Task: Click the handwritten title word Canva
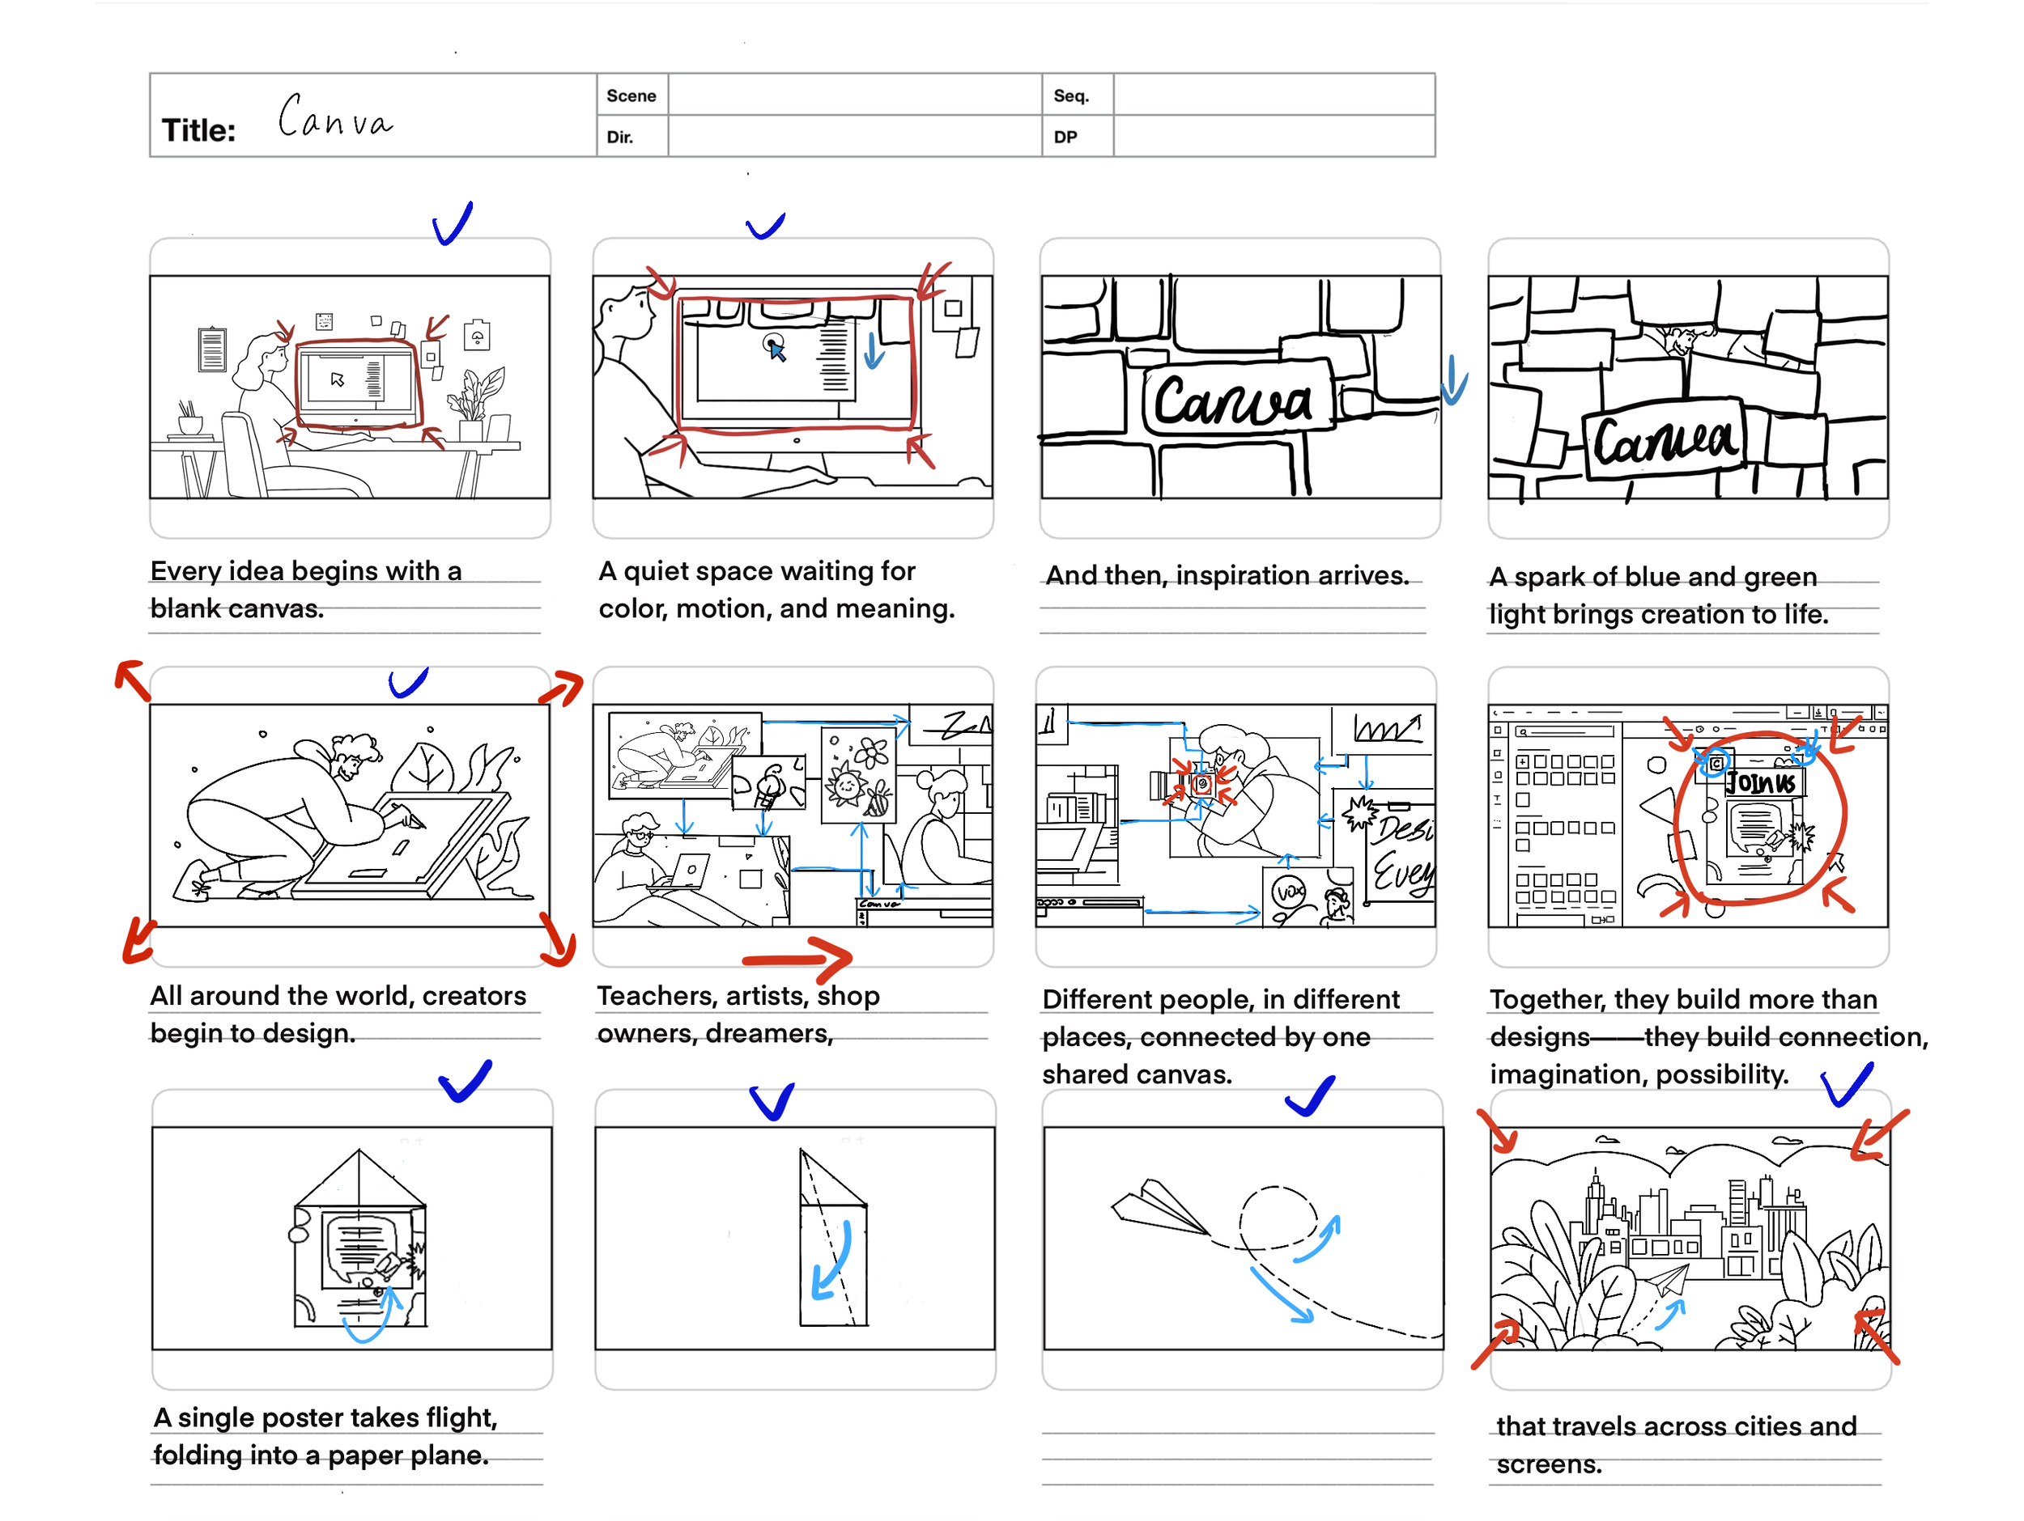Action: [x=336, y=117]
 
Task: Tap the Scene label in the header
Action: [x=631, y=96]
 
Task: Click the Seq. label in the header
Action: [x=1069, y=96]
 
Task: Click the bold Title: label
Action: [x=198, y=131]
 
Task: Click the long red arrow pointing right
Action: [x=796, y=959]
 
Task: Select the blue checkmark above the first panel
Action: [x=452, y=223]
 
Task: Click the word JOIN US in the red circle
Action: [x=1761, y=782]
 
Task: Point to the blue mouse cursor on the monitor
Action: [x=776, y=350]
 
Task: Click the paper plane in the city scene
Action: [x=1668, y=1280]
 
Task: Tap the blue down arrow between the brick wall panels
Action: [x=1453, y=383]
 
